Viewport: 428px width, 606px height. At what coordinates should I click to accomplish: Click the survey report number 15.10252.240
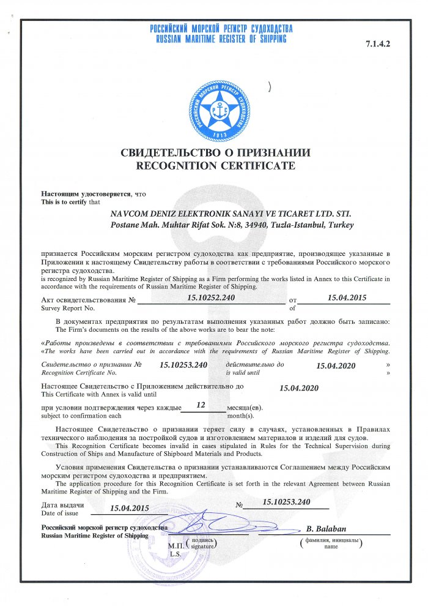click(x=211, y=297)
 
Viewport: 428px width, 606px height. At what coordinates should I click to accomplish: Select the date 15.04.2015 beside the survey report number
click(x=346, y=297)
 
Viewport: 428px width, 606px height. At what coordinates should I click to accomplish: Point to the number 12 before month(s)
click(x=201, y=405)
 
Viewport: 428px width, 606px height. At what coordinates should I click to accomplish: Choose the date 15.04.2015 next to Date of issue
click(x=129, y=508)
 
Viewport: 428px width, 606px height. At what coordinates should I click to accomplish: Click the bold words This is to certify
click(x=64, y=201)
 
